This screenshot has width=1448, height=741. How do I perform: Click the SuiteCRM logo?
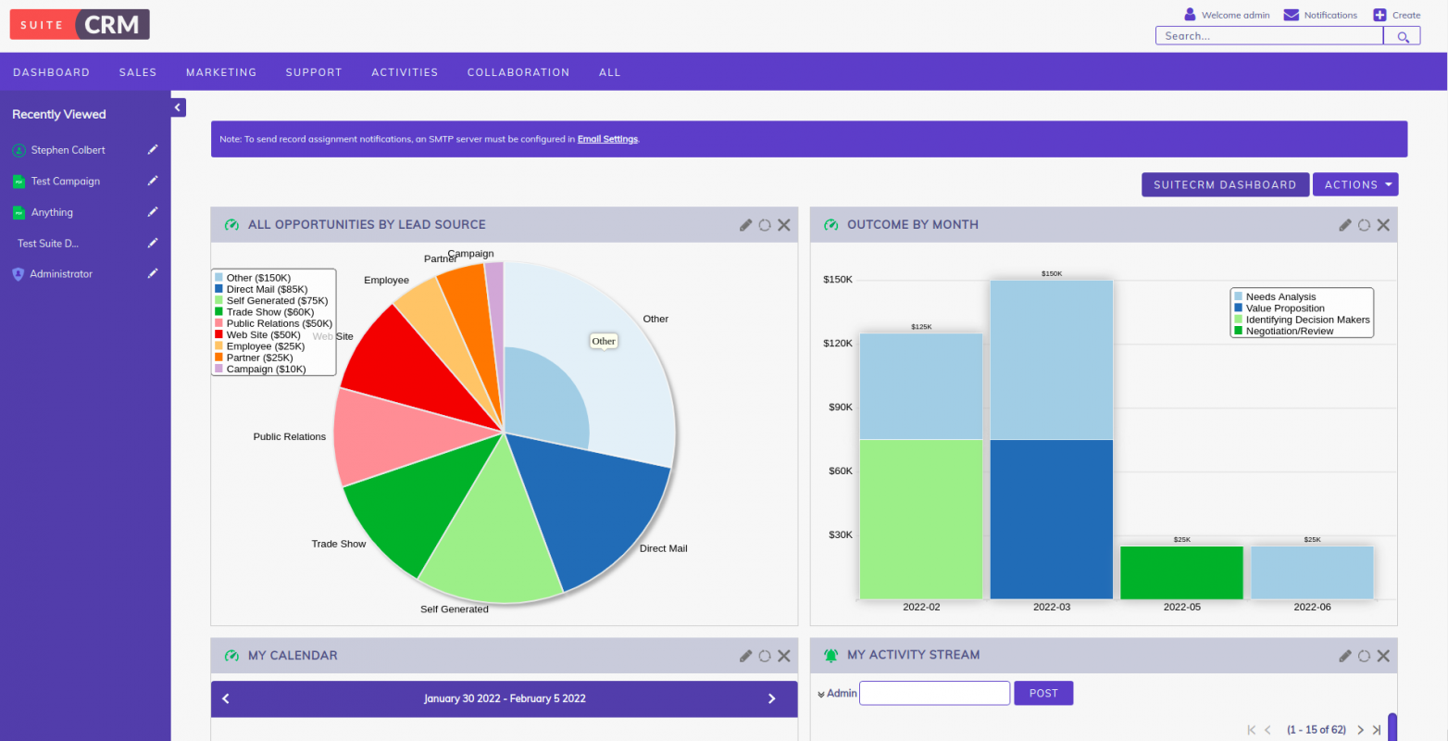80,25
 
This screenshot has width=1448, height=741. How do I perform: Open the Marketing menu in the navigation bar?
220,72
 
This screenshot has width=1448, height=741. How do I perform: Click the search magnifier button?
1402,36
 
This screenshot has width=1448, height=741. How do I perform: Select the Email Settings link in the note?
607,139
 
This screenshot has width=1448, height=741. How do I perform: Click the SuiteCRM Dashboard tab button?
1224,185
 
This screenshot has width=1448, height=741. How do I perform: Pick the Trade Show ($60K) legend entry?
269,312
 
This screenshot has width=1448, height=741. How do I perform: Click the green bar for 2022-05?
1181,572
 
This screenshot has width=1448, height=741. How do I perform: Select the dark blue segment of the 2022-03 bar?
1051,519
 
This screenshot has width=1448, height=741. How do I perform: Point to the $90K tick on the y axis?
840,408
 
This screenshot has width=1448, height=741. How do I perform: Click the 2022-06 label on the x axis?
1312,608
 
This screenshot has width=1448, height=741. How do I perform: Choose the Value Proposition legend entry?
1284,308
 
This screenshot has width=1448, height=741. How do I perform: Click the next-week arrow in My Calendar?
771,699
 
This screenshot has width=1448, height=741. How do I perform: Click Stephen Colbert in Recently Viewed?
68,150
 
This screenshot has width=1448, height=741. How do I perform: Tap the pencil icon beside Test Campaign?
153,181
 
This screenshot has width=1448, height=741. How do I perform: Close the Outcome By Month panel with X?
1383,225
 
